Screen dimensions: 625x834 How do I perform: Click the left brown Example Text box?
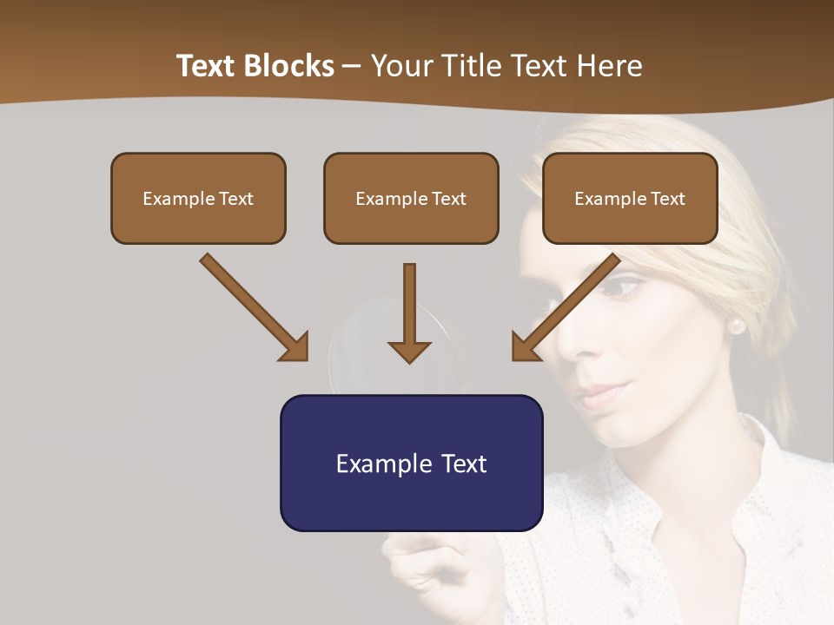click(x=198, y=199)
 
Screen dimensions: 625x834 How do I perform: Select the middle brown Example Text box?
click(x=411, y=199)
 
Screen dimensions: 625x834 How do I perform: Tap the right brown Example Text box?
click(x=630, y=199)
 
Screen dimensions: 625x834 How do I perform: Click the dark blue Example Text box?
click(x=411, y=464)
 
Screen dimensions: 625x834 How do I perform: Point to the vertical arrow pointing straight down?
click(x=410, y=304)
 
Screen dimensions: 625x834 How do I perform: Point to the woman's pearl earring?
click(x=736, y=326)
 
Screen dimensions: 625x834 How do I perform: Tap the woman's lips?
click(x=599, y=395)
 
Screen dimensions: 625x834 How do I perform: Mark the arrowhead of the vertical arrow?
click(x=410, y=352)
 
